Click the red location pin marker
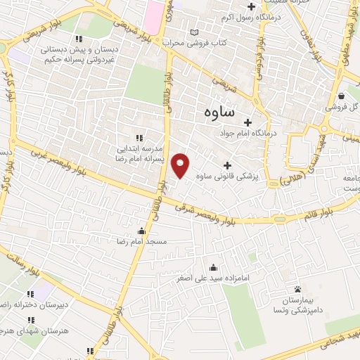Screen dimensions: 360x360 181,165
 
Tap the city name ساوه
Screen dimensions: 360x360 219,112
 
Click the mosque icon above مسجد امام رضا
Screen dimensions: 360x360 143,231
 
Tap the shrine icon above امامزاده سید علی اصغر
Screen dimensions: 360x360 214,267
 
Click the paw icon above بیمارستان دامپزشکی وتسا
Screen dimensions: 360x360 298,289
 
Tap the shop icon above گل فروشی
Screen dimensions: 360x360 341,96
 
